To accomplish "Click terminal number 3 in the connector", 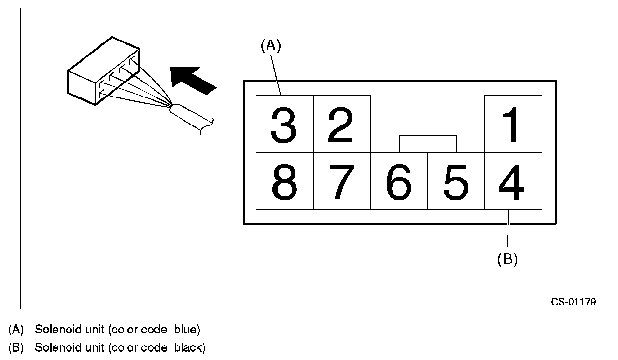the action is point(284,124).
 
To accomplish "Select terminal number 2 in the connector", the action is point(341,124).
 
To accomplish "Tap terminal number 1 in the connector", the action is point(513,124).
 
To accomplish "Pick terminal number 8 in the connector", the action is point(284,181).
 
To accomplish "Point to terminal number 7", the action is point(341,181).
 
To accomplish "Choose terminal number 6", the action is point(399,181).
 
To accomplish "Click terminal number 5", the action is point(456,181).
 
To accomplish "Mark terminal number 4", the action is point(513,181).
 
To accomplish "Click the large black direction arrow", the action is point(193,81).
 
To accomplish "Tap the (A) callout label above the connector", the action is point(271,45).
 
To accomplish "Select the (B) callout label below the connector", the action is point(507,260).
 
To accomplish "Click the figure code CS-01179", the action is point(573,302).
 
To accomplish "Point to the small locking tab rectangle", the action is point(428,144).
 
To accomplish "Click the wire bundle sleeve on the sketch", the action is point(191,119).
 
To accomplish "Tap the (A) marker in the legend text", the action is point(16,330).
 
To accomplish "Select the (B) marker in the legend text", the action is point(16,348).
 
